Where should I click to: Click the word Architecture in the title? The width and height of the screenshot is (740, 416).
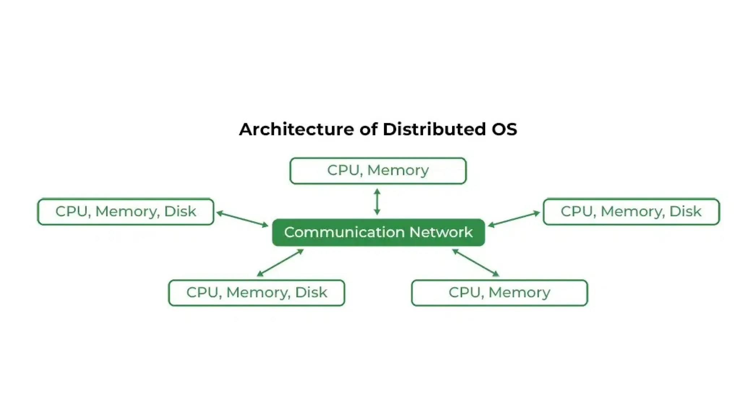pyautogui.click(x=296, y=129)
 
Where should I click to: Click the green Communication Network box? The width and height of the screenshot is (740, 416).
pyautogui.click(x=378, y=232)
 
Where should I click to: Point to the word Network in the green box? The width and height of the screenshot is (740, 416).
pyautogui.click(x=441, y=232)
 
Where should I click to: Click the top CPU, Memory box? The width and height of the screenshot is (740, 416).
pyautogui.click(x=378, y=170)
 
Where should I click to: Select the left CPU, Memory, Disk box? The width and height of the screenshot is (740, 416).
pyautogui.click(x=126, y=212)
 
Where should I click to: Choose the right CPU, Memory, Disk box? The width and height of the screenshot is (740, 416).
pyautogui.click(x=631, y=212)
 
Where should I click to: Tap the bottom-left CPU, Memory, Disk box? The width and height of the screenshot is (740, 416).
pyautogui.click(x=257, y=292)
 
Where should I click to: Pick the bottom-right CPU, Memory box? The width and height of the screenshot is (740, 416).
pyautogui.click(x=499, y=292)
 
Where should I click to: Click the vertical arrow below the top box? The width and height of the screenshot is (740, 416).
pyautogui.click(x=377, y=201)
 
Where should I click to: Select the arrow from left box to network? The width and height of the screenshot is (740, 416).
pyautogui.click(x=242, y=219)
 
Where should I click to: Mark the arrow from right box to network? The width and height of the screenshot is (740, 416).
pyautogui.click(x=514, y=219)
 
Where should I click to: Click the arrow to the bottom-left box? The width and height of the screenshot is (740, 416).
pyautogui.click(x=280, y=263)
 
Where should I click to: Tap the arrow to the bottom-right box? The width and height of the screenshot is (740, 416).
pyautogui.click(x=476, y=263)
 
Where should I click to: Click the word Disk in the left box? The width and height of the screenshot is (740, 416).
pyautogui.click(x=180, y=212)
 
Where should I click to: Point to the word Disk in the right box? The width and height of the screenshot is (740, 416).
pyautogui.click(x=685, y=212)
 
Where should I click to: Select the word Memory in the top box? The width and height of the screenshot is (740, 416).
pyautogui.click(x=398, y=170)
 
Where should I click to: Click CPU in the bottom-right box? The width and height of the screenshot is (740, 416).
pyautogui.click(x=464, y=292)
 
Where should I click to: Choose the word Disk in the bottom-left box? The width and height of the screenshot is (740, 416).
pyautogui.click(x=311, y=292)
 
